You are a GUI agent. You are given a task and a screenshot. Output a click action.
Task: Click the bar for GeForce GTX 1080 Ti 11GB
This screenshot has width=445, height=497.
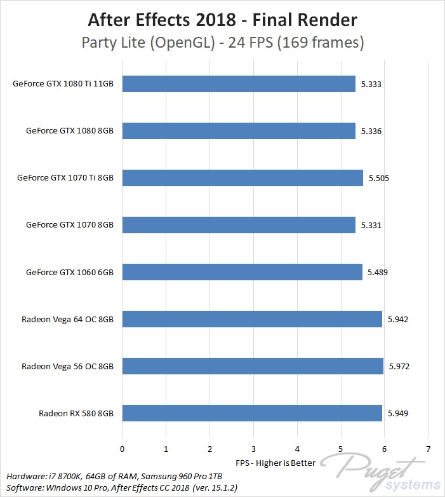point(239,84)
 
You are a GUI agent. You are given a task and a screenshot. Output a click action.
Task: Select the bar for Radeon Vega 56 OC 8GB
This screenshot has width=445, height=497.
point(253,366)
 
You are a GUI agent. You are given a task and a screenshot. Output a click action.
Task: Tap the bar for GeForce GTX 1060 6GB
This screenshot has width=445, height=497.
point(242,272)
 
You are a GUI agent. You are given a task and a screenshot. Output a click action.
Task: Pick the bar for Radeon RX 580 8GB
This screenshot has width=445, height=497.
point(252,413)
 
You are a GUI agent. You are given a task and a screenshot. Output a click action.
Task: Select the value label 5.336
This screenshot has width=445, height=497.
point(371,131)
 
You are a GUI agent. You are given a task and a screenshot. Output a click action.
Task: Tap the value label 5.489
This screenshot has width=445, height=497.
point(377,272)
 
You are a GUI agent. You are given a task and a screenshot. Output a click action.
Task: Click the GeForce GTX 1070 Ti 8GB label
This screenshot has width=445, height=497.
point(65,178)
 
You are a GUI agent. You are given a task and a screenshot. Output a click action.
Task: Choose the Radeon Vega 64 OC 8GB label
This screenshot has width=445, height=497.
point(67,319)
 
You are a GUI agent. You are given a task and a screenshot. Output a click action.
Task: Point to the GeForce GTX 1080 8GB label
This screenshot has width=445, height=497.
point(70,131)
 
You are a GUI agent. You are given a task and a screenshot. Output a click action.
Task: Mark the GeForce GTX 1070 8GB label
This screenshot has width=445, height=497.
point(70,225)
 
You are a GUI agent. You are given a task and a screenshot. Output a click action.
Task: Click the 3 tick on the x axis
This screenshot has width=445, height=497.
point(253,449)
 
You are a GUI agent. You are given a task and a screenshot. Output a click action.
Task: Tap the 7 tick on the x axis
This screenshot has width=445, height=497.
point(428,449)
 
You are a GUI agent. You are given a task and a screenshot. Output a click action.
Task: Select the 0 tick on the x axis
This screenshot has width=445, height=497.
point(122,449)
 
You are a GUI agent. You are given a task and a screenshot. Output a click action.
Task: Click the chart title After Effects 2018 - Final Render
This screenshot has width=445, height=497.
point(222,20)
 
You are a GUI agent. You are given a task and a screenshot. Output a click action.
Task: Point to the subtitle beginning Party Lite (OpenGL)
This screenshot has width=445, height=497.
point(222,43)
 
